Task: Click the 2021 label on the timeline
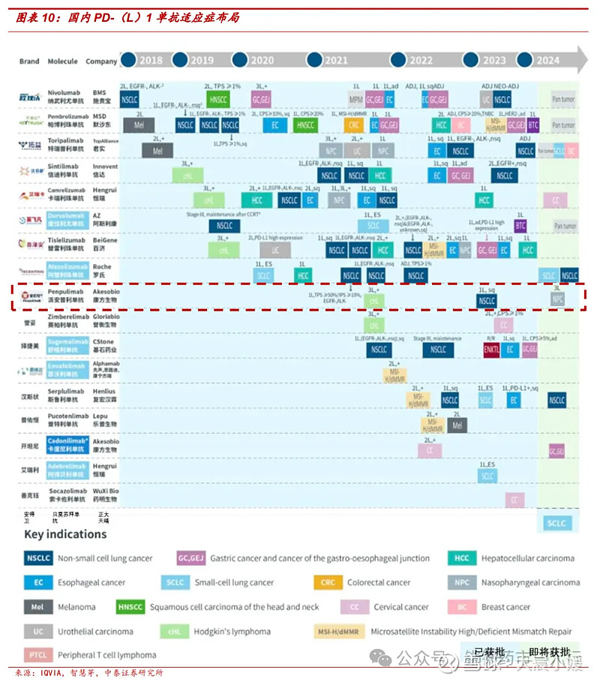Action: click(x=336, y=61)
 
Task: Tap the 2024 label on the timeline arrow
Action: click(x=548, y=61)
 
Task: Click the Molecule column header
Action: click(x=62, y=62)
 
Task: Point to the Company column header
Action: click(x=101, y=62)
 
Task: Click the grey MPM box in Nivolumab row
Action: click(x=357, y=99)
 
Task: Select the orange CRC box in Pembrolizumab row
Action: click(x=355, y=125)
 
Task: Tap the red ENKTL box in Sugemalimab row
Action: click(x=492, y=350)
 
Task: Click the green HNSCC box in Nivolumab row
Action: click(x=218, y=99)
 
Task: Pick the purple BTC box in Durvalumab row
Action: click(x=520, y=225)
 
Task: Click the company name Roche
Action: click(x=102, y=266)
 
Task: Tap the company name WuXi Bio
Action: click(x=104, y=491)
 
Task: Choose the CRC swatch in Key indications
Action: click(x=327, y=582)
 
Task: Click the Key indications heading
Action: click(x=65, y=534)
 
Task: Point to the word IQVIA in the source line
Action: click(x=50, y=672)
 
